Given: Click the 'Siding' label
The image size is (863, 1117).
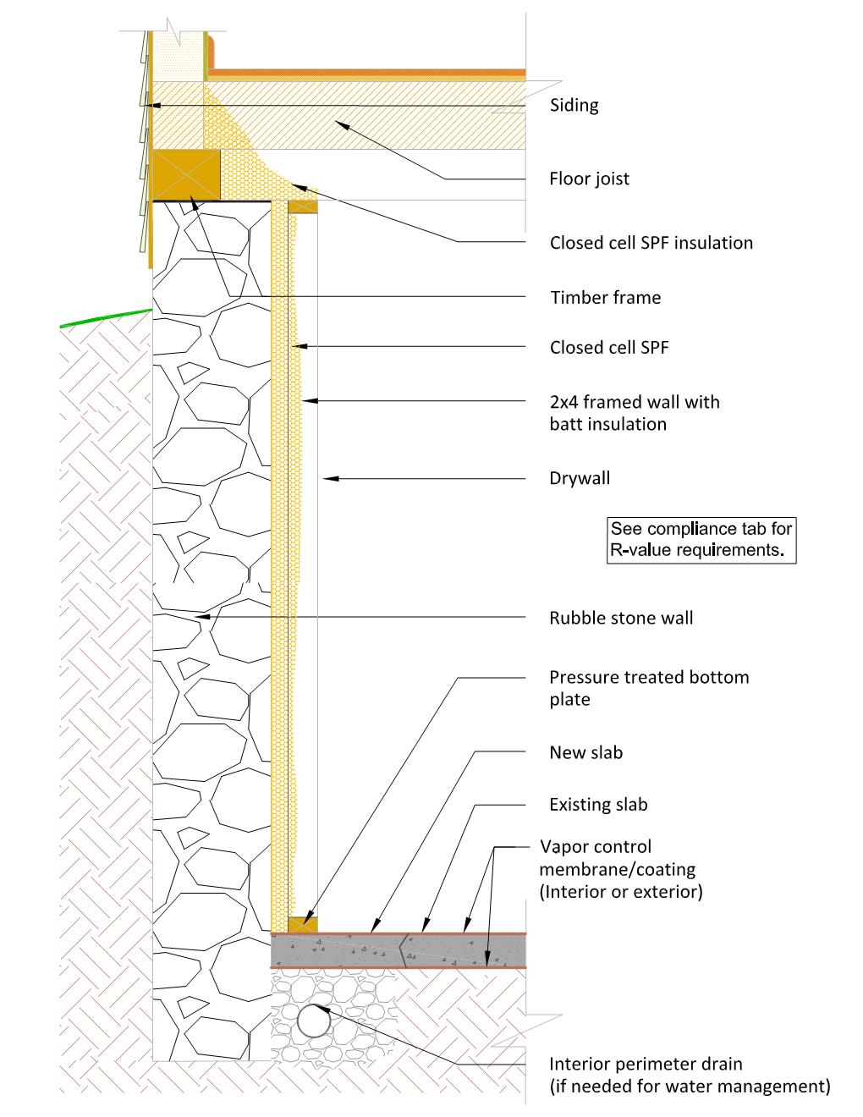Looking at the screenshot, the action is coord(574,106).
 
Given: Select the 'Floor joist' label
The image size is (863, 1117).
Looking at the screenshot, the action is coord(589,179).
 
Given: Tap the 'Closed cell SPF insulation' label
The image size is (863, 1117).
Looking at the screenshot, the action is coord(651,243).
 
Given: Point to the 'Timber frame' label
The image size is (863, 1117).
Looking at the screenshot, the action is coord(606,298).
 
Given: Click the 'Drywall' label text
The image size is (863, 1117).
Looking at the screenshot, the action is coord(580,478).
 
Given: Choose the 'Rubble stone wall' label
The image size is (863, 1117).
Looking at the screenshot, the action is coord(621,618).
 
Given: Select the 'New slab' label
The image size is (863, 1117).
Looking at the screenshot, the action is coord(586,752).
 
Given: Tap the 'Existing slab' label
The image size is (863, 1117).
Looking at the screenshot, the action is coord(598,805).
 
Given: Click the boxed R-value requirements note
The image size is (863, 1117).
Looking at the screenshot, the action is coord(701,540).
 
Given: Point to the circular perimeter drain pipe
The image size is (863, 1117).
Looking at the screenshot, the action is coord(314,1021).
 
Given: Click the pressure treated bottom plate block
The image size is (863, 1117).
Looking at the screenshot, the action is coord(303,925).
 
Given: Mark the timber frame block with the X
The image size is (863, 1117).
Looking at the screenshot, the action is coord(187,175).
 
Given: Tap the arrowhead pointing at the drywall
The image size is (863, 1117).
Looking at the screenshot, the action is coord(331,479).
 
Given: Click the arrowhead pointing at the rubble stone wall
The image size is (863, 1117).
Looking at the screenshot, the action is coord(203,616).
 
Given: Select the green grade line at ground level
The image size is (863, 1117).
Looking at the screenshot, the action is coord(106,318).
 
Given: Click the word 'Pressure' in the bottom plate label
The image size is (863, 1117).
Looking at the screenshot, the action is coord(584,678).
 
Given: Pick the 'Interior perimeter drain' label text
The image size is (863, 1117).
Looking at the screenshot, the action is coord(646,1064).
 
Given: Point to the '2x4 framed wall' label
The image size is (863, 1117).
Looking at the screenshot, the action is coord(635,402).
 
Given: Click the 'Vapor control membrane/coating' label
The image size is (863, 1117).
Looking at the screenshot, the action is coord(618,858).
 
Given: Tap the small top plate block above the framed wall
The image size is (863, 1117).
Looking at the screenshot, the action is coord(303,206).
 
